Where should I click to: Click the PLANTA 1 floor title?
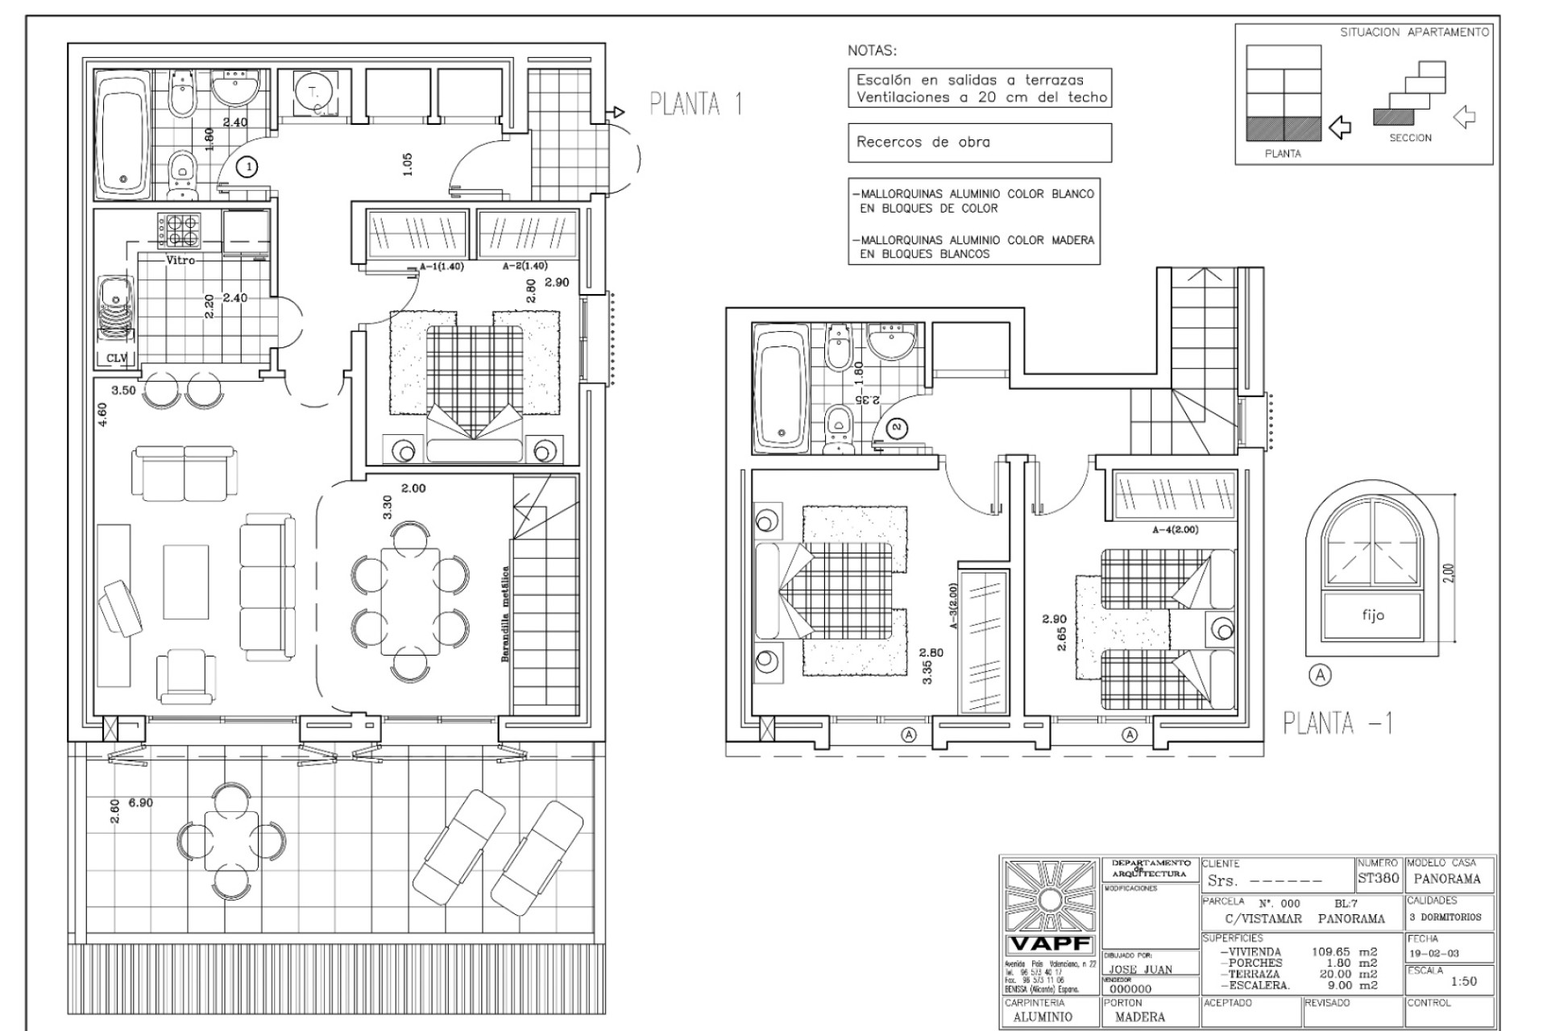[696, 105]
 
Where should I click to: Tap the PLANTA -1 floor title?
[1338, 723]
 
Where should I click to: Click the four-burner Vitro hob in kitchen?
[180, 229]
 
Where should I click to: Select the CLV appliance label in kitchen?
[117, 358]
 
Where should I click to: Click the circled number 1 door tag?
[249, 167]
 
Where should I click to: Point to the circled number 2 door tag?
[898, 428]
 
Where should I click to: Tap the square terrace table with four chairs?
[231, 841]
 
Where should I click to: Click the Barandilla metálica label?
[505, 614]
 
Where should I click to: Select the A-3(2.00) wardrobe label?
[953, 606]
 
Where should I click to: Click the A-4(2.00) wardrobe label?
[1175, 530]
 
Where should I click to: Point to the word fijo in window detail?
[1373, 615]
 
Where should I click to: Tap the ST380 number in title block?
[1378, 878]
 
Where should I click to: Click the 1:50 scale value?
[1463, 981]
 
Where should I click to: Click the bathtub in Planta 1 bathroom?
[123, 135]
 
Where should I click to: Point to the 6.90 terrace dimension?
[140, 803]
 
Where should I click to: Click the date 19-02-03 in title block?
[1433, 954]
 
